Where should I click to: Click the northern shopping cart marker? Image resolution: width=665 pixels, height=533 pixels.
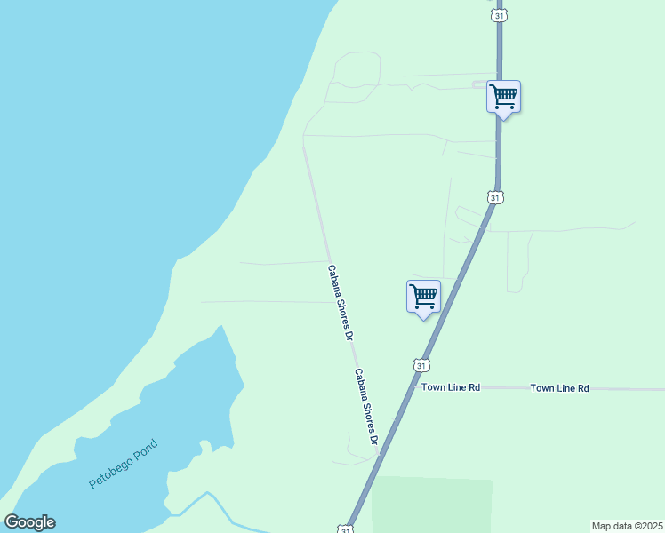[504, 95]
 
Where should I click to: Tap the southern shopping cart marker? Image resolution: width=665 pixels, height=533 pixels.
[424, 296]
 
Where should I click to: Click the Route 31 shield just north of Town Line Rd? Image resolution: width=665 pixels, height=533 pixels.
[421, 365]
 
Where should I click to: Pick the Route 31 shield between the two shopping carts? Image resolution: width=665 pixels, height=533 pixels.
[493, 197]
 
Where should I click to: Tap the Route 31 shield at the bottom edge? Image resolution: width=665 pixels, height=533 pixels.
[344, 529]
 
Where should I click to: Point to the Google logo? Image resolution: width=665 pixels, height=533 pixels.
[29, 522]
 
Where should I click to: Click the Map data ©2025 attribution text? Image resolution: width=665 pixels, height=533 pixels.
[627, 526]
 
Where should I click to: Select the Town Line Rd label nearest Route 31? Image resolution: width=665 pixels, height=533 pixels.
[451, 387]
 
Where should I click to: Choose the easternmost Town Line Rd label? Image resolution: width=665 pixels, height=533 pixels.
[560, 388]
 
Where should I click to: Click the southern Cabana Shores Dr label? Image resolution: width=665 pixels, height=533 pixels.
[366, 407]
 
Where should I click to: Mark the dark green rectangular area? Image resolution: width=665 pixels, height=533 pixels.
[432, 505]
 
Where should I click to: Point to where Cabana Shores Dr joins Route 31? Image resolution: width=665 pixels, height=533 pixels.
[379, 455]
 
